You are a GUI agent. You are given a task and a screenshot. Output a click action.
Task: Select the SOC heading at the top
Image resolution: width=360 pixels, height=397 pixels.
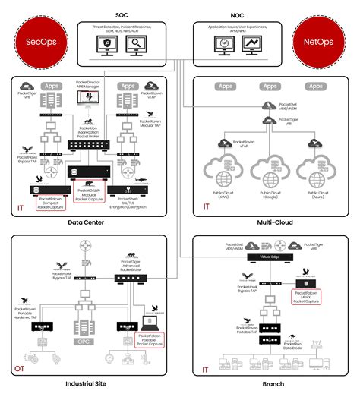click(x=121, y=14)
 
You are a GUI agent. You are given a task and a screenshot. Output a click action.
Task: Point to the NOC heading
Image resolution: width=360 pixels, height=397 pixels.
click(x=237, y=14)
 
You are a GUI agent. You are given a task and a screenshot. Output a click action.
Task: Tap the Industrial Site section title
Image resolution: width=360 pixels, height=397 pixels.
click(x=85, y=384)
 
